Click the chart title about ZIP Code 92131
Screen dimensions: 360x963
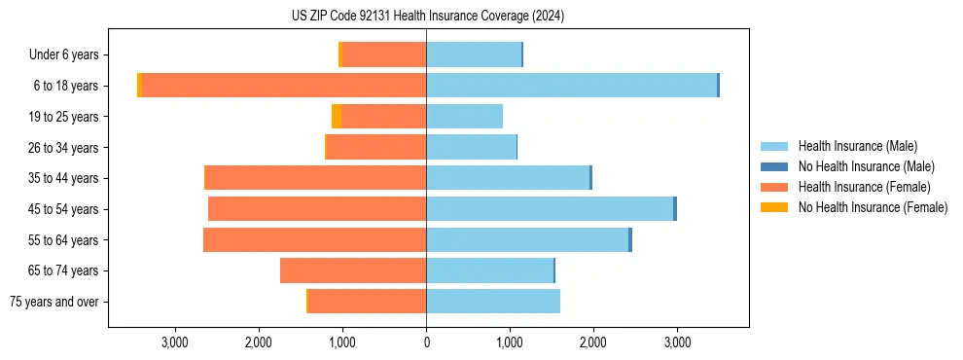428,16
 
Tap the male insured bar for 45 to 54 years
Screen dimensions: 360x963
550,209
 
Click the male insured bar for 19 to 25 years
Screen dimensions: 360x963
464,117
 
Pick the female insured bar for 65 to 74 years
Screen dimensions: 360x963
353,270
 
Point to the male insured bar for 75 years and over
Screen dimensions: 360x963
493,302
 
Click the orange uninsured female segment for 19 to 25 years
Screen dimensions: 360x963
337,117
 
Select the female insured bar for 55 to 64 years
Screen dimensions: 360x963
314,240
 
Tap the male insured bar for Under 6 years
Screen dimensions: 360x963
474,55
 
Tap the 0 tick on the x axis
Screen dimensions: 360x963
426,343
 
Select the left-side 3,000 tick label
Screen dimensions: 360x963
175,343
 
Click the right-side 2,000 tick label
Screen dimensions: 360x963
593,343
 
